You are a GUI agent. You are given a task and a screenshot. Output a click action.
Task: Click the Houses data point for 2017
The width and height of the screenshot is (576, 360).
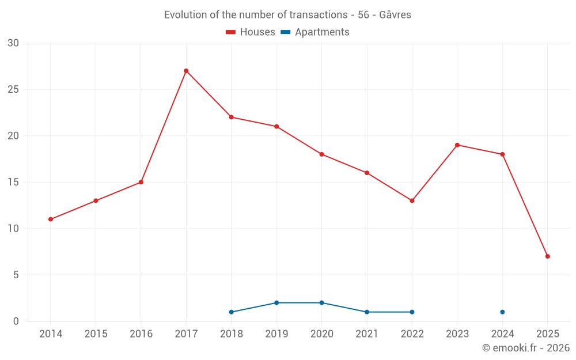pos(186,71)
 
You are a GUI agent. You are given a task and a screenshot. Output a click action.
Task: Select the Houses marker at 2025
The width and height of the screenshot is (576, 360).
pos(547,256)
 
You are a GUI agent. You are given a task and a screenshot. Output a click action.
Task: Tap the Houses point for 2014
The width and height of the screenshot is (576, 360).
pos(51,219)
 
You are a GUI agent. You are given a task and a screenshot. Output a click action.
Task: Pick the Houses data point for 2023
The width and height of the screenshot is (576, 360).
pos(457,145)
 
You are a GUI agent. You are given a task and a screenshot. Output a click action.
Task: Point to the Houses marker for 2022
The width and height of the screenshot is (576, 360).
pos(412,200)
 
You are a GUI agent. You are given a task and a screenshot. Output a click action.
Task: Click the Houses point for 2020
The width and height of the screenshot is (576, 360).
pos(321,154)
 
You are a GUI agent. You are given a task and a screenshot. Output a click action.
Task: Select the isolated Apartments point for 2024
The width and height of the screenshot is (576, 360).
pos(502,312)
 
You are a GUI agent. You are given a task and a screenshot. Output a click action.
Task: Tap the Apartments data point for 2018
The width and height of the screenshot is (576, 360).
pos(232,312)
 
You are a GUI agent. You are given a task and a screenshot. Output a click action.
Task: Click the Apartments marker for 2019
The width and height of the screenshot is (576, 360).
pos(276,303)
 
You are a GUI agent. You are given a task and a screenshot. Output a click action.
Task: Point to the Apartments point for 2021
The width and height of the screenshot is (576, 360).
pos(367,312)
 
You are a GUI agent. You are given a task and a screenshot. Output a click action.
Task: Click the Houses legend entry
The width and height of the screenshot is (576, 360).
pos(251,32)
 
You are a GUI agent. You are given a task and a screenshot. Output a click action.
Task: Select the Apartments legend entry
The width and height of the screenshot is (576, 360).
pos(316,32)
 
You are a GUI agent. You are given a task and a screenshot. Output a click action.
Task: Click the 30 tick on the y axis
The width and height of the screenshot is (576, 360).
pos(13,43)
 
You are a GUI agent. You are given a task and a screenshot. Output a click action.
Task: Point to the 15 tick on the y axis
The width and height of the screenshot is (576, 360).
pos(13,182)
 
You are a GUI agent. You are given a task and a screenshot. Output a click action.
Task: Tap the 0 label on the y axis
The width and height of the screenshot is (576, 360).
pos(16,321)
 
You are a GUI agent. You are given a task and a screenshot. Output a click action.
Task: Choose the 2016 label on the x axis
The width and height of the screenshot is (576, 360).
pos(141,334)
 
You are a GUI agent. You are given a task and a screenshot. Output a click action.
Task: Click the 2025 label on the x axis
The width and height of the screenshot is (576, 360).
pos(547,334)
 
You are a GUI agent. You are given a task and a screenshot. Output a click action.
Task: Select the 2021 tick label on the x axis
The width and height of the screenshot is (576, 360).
pos(367,334)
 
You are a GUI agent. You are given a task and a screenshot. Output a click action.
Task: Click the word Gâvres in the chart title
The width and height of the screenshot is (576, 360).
pos(395,15)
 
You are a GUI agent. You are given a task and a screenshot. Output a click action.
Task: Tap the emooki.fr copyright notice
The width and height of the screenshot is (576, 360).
pos(525,348)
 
